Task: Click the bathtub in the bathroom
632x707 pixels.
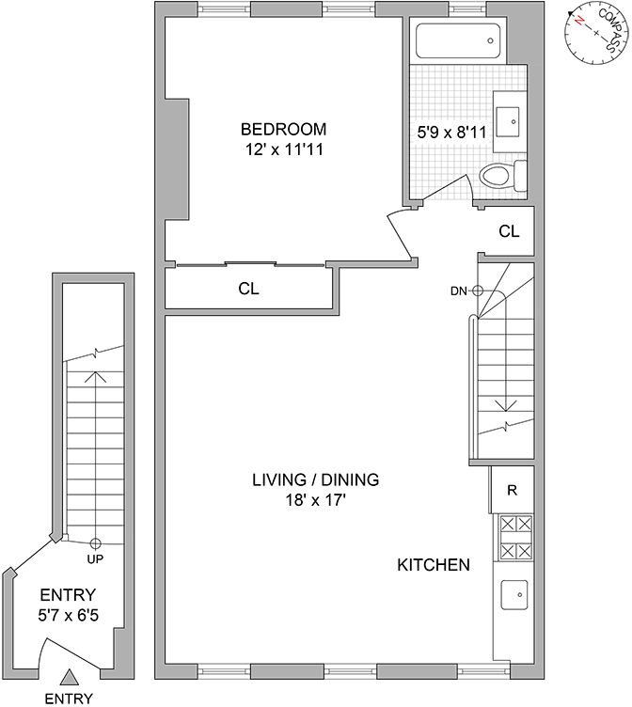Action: click(x=455, y=40)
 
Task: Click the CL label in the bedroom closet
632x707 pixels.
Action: click(x=248, y=290)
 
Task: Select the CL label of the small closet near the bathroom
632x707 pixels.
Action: click(x=508, y=231)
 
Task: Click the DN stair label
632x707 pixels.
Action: click(x=460, y=291)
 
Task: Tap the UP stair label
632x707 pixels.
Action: click(x=94, y=558)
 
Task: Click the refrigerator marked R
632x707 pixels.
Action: click(x=512, y=490)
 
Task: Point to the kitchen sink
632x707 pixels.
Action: click(x=513, y=594)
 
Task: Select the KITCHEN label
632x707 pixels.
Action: click(x=433, y=565)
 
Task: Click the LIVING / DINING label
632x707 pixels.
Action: click(x=315, y=479)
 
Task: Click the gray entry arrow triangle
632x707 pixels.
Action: click(x=69, y=676)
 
